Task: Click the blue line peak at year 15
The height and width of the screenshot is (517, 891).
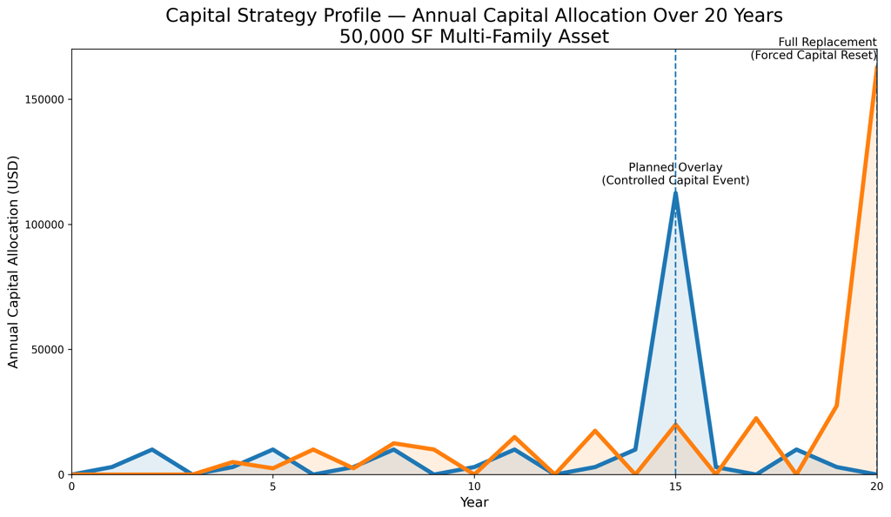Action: click(675, 192)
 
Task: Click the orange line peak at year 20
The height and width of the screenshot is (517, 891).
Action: click(876, 66)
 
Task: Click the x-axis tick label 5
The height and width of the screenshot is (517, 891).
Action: click(272, 486)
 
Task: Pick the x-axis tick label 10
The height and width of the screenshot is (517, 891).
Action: click(474, 486)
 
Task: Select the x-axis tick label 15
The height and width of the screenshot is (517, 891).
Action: click(675, 486)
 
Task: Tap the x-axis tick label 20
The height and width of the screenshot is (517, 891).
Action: click(876, 486)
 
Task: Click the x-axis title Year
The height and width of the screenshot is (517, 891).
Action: click(474, 503)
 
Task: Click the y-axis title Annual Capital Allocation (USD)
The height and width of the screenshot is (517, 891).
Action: click(13, 261)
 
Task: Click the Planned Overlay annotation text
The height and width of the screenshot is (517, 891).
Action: click(675, 174)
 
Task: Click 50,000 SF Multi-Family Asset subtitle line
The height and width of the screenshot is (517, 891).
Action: click(474, 37)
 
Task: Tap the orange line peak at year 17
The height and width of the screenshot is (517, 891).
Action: click(756, 419)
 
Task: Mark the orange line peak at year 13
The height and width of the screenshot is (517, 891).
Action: click(595, 431)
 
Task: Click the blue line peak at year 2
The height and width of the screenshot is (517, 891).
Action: click(152, 450)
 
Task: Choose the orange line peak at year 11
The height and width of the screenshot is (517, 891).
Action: click(514, 437)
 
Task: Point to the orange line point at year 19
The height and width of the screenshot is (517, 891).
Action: click(836, 406)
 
